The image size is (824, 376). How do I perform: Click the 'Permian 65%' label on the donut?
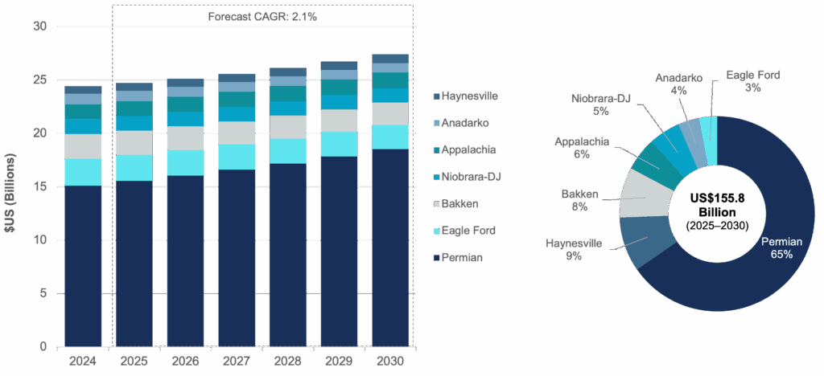781,246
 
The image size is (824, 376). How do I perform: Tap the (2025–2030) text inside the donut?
716,226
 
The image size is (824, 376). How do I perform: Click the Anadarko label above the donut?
677,84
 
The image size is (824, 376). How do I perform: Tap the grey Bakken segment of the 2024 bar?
134,143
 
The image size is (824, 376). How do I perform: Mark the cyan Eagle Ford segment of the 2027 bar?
237,157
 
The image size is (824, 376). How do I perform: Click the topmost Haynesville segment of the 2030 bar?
389,58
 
